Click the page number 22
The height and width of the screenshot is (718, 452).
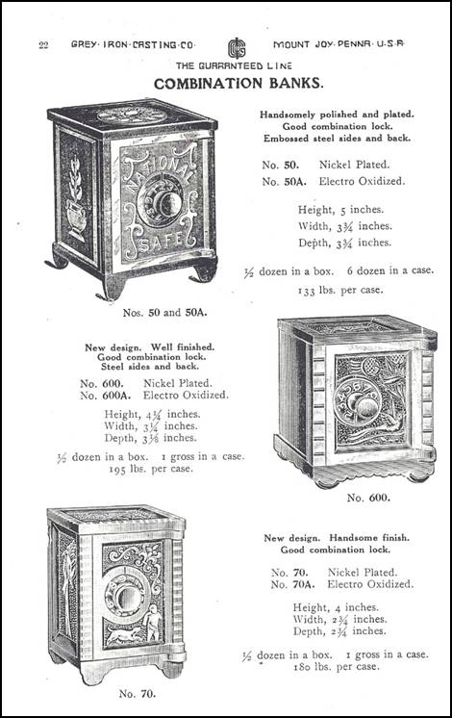(x=43, y=45)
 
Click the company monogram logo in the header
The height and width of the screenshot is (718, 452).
(x=237, y=48)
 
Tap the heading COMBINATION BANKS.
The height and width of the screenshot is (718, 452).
(x=239, y=84)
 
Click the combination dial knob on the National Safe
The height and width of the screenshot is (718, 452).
(x=166, y=201)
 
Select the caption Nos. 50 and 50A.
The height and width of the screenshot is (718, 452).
(x=165, y=313)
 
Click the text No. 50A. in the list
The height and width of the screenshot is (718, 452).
(x=284, y=181)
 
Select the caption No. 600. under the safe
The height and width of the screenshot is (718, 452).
(x=368, y=498)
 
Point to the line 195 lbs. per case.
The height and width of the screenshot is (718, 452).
(x=151, y=469)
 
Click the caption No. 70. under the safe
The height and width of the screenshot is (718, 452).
(x=138, y=694)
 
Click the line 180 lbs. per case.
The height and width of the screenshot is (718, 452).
(x=337, y=667)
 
